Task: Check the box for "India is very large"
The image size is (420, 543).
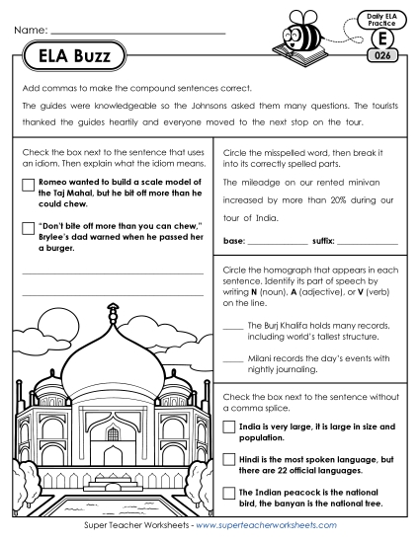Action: (229, 427)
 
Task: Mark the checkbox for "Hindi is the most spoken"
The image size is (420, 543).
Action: (229, 461)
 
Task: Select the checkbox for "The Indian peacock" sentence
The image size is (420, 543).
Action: (229, 493)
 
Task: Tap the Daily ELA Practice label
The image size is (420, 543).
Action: (379, 19)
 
